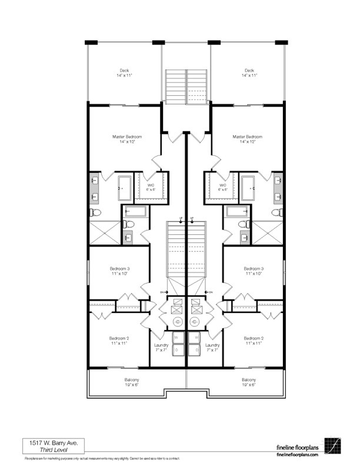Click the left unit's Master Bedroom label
[127, 137]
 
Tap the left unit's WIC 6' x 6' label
[151, 187]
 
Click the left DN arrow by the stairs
[165, 291]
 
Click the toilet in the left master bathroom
[96, 212]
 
